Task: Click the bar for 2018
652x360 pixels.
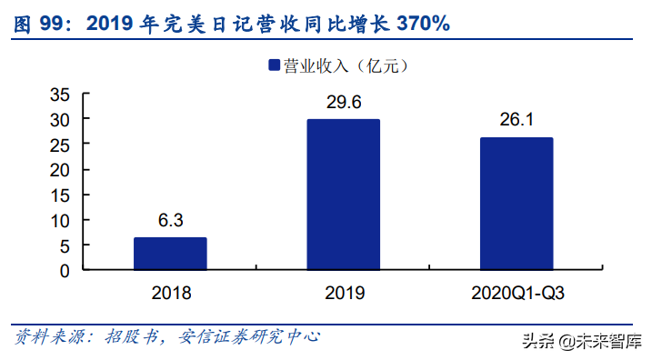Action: point(170,254)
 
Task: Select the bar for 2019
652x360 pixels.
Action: point(343,195)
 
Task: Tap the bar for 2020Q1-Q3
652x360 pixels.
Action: point(516,204)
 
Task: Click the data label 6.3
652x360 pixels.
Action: point(170,221)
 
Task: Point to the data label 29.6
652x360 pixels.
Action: point(343,103)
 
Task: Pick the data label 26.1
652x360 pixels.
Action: point(516,121)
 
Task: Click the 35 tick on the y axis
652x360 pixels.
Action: point(59,95)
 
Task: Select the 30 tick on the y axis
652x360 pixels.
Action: point(59,119)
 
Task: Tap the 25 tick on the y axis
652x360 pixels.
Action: point(59,145)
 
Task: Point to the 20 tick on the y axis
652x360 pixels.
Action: point(59,170)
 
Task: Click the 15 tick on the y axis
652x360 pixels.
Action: point(59,195)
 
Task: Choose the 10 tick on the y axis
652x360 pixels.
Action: point(59,220)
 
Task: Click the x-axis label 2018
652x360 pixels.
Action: point(170,293)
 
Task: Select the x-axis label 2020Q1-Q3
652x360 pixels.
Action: point(516,293)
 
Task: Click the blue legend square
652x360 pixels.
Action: point(272,65)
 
